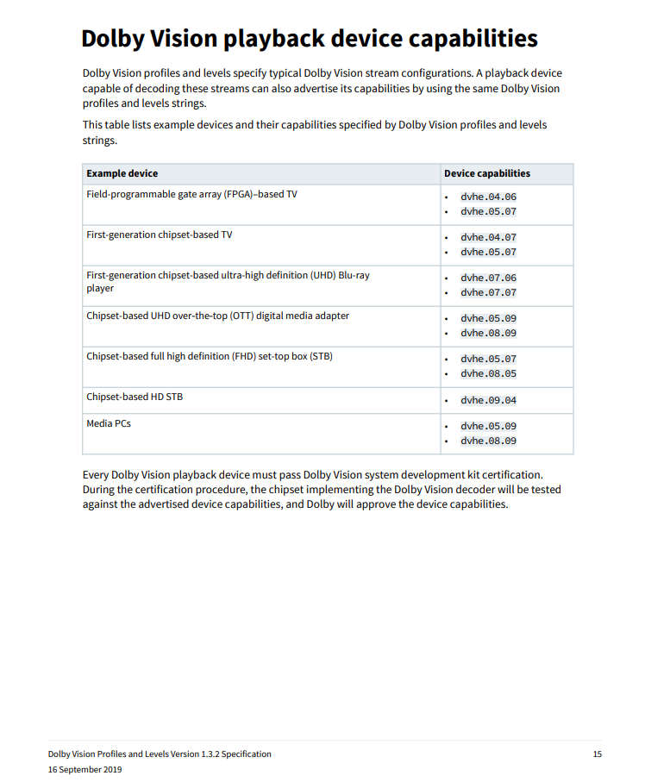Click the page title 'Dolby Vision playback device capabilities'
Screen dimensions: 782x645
[x=310, y=39]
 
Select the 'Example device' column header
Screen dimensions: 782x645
[x=122, y=173]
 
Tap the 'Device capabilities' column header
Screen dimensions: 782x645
[x=487, y=173]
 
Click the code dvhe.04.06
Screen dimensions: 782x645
[x=488, y=197]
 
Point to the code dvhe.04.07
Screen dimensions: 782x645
[x=488, y=237]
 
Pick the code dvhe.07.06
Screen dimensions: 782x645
[x=488, y=278]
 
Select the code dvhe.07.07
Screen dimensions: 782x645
[x=488, y=292]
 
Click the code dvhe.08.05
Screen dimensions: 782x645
[x=488, y=373]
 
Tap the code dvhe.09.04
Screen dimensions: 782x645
[x=488, y=400]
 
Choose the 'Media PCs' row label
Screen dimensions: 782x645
[x=109, y=423]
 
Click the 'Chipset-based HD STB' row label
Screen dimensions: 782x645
[x=135, y=397]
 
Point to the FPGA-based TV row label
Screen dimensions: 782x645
[x=191, y=194]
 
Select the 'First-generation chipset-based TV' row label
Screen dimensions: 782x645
[x=160, y=235]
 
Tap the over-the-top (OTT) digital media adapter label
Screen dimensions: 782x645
[x=217, y=316]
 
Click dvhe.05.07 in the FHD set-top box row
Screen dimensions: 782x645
[x=488, y=359]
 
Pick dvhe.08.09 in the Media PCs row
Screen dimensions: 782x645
[x=488, y=441]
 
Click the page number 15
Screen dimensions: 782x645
[x=597, y=754]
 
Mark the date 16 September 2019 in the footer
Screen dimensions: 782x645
[x=85, y=769]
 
